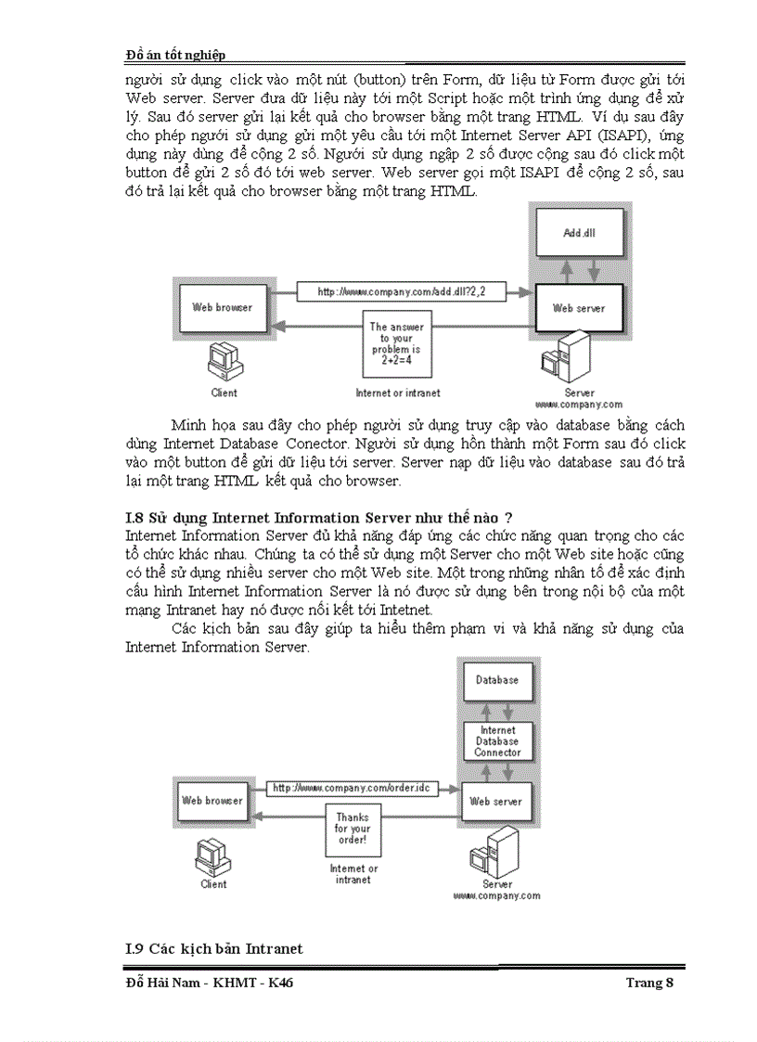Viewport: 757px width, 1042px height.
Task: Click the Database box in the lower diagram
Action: click(497, 680)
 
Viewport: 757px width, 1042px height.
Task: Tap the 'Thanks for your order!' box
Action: click(352, 828)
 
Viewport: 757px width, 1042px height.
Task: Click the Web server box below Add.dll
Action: click(579, 308)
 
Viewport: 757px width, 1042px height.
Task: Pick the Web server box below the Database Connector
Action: click(495, 801)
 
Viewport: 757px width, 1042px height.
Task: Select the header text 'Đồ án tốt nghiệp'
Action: click(175, 56)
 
